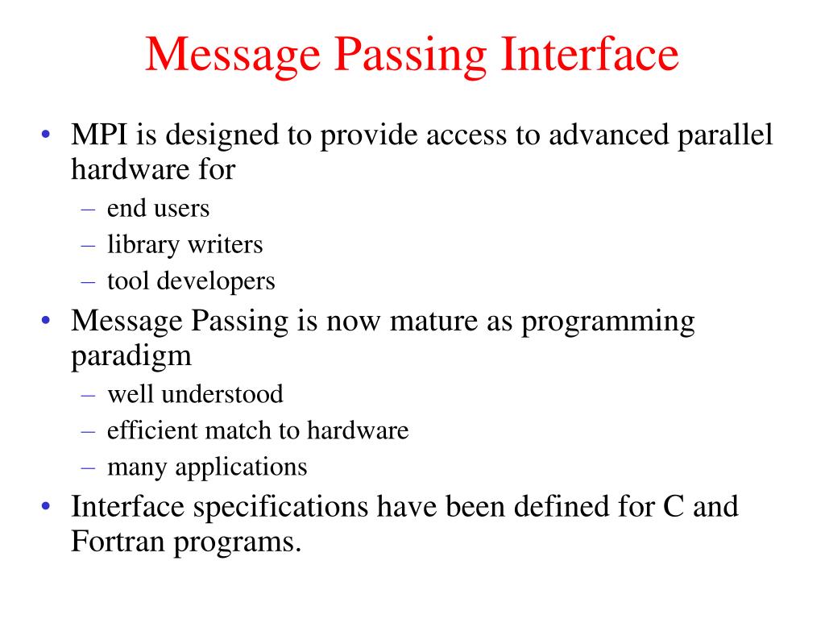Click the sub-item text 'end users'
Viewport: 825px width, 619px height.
(x=158, y=209)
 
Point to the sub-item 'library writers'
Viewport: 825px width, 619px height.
(x=184, y=245)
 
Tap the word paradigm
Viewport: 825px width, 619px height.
(x=131, y=355)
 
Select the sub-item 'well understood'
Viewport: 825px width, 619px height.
(x=195, y=394)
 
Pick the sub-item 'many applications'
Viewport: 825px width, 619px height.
(x=207, y=467)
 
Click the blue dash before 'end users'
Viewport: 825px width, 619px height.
(x=89, y=210)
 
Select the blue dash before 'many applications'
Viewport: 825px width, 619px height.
(x=89, y=467)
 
